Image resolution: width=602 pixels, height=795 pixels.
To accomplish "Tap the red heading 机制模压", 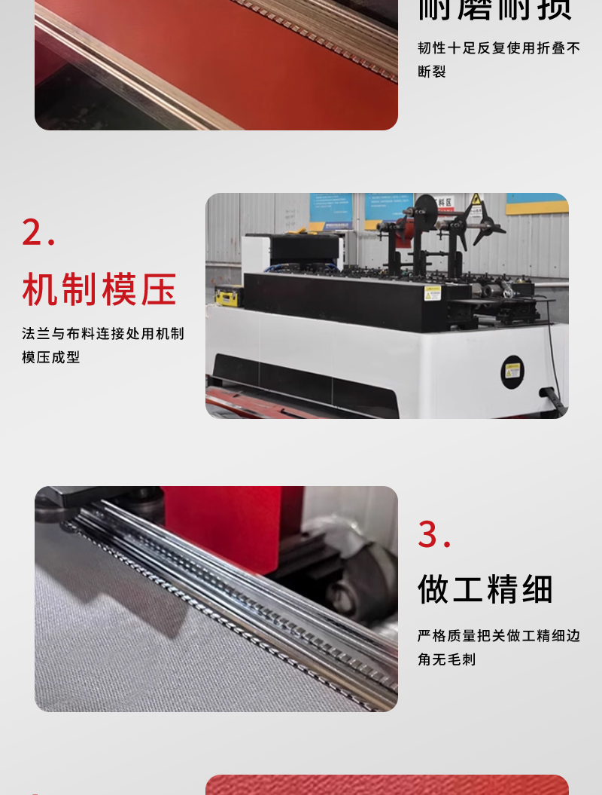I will [x=99, y=290].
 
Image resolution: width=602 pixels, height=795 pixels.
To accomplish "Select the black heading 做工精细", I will [x=486, y=589].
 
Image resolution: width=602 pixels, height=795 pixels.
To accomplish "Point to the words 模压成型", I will [x=51, y=358].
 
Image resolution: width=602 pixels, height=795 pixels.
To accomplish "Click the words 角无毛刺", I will [x=447, y=660].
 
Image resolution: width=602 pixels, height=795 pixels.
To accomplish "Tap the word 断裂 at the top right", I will [x=432, y=72].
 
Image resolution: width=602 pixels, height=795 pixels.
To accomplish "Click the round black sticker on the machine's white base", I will [x=512, y=371].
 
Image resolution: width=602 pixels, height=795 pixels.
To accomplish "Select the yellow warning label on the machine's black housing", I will [x=433, y=293].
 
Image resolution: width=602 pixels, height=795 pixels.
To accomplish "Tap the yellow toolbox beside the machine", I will [x=228, y=296].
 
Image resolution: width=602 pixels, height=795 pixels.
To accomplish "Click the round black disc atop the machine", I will [x=426, y=209].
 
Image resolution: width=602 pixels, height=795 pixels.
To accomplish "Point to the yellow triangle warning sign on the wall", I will [x=476, y=200].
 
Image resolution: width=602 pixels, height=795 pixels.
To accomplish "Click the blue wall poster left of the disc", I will [x=330, y=211].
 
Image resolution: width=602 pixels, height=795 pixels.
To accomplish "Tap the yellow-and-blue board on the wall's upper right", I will [x=537, y=203].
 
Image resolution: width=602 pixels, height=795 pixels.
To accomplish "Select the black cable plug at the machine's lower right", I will [x=555, y=399].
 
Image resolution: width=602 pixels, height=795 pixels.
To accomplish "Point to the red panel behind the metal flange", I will [x=226, y=520].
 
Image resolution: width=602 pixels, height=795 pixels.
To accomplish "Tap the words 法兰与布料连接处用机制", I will [x=103, y=334].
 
